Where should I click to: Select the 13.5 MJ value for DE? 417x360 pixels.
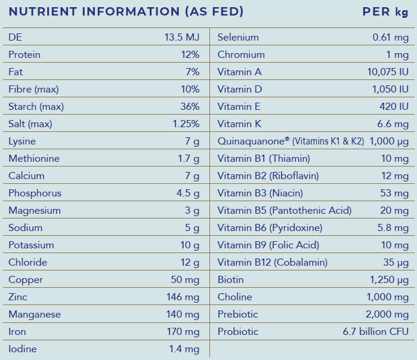181,38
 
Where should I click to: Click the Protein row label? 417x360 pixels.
24,55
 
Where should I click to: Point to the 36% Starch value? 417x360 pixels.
190,107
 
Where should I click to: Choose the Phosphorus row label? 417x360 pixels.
35,193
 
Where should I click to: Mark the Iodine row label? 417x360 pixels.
22,349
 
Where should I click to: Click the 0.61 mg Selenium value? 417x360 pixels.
391,38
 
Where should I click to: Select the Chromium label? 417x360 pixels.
241,55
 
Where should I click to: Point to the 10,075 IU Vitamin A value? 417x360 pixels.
388,72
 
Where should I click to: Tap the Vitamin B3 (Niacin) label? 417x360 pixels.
260,193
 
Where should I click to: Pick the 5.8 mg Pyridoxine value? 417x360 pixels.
394,228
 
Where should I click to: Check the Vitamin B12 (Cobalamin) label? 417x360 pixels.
273,263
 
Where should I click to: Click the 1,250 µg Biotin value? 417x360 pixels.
390,280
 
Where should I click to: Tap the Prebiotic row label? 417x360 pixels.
237,315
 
